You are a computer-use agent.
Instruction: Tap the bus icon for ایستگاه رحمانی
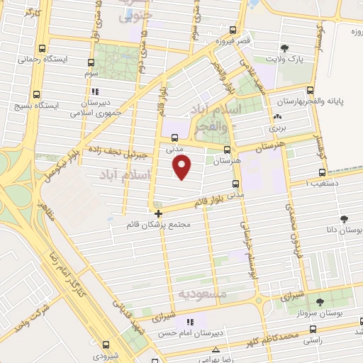[x=43, y=50]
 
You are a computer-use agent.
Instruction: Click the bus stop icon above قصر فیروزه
[x=233, y=30]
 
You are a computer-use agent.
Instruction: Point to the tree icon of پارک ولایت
[x=285, y=48]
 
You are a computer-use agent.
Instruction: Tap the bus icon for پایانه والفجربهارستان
[x=311, y=90]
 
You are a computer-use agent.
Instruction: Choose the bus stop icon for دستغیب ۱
[x=323, y=172]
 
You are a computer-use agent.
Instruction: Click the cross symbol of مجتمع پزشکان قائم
[x=158, y=213]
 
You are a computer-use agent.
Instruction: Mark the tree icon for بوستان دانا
[x=343, y=218]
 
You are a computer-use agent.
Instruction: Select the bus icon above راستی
[x=315, y=330]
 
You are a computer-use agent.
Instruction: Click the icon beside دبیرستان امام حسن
[x=190, y=323]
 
